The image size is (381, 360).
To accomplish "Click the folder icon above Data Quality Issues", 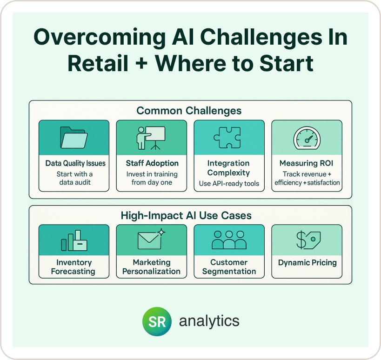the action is click(x=74, y=138).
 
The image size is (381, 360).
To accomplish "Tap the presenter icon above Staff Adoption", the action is click(x=151, y=138).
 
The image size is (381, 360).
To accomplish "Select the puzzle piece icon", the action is click(x=227, y=138).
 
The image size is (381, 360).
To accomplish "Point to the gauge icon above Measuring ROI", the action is click(x=307, y=138).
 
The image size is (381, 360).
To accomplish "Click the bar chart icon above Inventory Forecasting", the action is click(x=74, y=240).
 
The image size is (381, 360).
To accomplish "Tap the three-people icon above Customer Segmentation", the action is click(x=229, y=240).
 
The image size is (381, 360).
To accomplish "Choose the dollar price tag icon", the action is click(x=308, y=240).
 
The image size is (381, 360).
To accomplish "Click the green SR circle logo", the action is click(x=157, y=321).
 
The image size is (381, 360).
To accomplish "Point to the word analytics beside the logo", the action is click(x=209, y=321).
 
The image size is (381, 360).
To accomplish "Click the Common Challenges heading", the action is click(x=189, y=111).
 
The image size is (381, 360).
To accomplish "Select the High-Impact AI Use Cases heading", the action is click(x=186, y=215).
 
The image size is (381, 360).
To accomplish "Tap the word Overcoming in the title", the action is click(x=100, y=37).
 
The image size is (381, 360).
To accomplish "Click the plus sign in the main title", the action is click(x=141, y=64).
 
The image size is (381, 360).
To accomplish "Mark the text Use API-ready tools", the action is click(x=229, y=183).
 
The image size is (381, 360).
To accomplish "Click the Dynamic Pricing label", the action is click(x=307, y=263).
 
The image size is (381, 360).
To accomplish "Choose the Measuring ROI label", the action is click(x=306, y=163).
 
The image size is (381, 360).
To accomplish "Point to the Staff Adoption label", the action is click(x=152, y=163).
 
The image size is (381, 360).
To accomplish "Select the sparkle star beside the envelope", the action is click(x=161, y=232).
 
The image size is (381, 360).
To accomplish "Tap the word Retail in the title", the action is click(x=98, y=64).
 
